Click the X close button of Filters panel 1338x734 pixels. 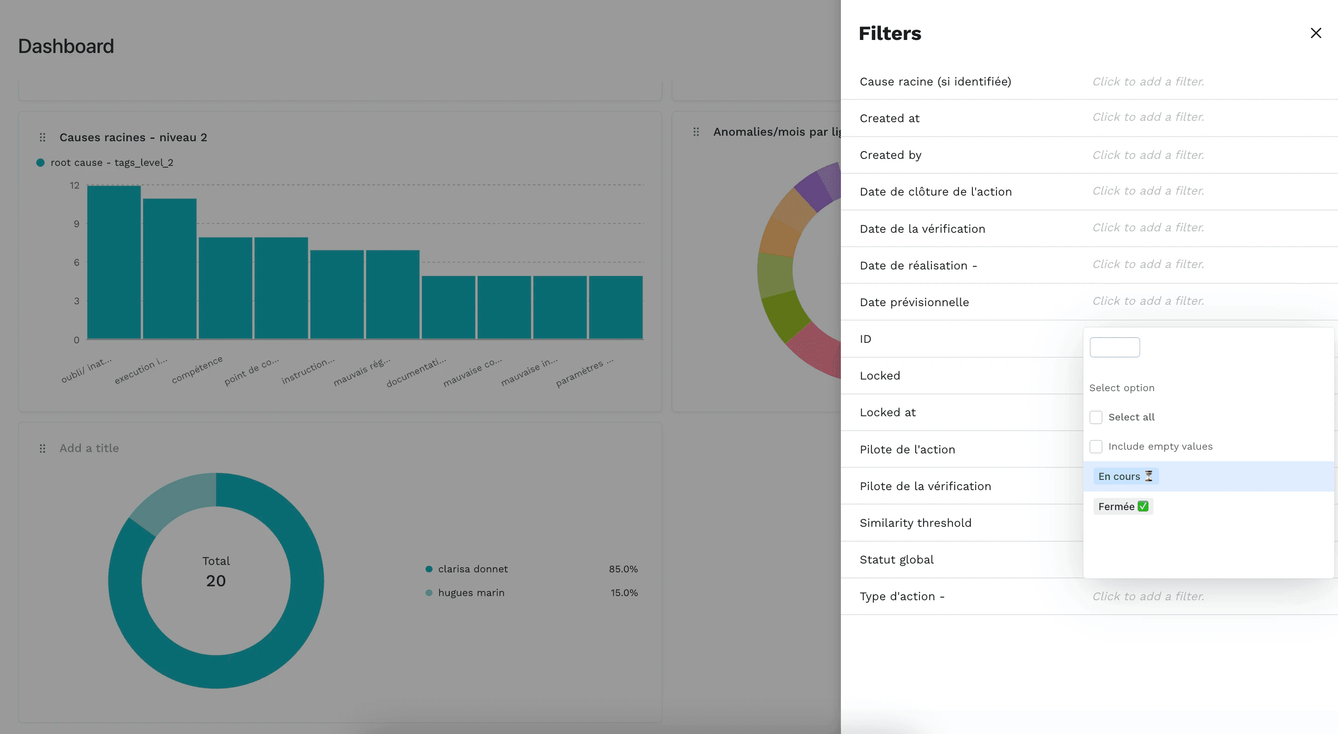1315,33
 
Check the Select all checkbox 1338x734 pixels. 1095,417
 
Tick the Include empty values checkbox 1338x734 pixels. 1095,447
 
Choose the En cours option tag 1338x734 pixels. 1125,476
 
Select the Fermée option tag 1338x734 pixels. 1122,506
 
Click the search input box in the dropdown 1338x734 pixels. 1114,347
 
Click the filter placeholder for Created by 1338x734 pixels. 1148,155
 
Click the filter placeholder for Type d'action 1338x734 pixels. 1148,596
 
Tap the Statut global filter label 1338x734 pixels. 896,559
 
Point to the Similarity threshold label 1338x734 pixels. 915,523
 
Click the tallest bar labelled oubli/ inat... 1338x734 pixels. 114,262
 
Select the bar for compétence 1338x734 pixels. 225,288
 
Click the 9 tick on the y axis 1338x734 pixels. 76,224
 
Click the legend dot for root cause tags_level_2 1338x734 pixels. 40,163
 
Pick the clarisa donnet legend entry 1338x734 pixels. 472,569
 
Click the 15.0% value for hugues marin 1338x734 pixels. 623,593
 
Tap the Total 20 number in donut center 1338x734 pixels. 216,581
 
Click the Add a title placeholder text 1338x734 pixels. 89,448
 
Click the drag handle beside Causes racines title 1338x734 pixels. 43,138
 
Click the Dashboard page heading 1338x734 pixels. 66,46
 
